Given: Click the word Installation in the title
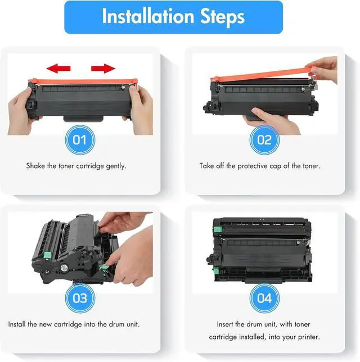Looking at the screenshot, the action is coord(148,16).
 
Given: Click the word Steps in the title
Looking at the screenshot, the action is coord(222,17).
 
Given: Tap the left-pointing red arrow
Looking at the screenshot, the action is coord(58,69).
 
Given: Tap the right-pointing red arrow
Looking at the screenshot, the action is coord(103,69).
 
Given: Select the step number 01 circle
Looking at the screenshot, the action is coord(80,140).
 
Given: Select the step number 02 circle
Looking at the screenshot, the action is coord(264,140).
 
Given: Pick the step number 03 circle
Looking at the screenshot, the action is coord(80,298).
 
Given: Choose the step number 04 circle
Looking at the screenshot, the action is coord(264,298).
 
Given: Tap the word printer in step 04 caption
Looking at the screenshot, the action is coord(309,337).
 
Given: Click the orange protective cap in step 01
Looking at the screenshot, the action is coord(83,82).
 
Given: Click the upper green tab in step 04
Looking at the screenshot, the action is coord(218,229).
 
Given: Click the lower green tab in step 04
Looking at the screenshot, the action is coord(216,270).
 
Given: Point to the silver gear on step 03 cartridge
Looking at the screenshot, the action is coord(64,268).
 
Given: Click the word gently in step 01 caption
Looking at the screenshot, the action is coord(116,166).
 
